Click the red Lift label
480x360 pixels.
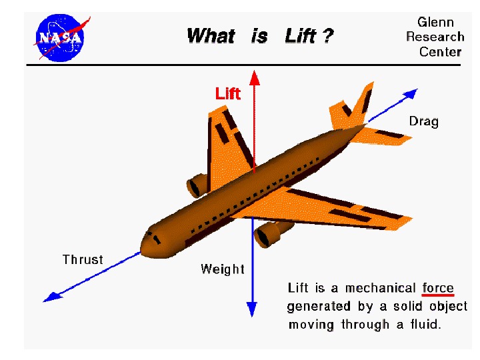pos(227,93)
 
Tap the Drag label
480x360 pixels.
pos(423,121)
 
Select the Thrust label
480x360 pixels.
pos(83,259)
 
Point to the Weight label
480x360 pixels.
pos(223,269)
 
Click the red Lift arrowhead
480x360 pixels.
pos(254,75)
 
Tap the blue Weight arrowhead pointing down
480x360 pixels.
pos(252,308)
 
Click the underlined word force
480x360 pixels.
pos(438,288)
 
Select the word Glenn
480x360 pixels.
pos(435,22)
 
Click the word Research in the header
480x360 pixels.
pos(435,37)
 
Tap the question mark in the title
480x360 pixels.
pos(327,36)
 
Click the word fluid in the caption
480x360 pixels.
pos(425,325)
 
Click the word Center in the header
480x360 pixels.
pos(440,51)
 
